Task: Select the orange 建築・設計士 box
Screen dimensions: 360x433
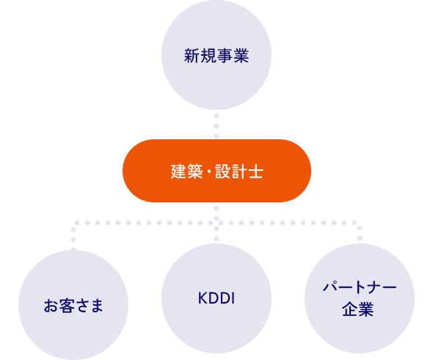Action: [x=216, y=171]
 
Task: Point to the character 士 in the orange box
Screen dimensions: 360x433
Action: [x=256, y=172]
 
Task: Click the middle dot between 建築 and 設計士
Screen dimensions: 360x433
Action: [x=207, y=172]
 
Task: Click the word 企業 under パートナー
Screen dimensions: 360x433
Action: [x=359, y=309]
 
